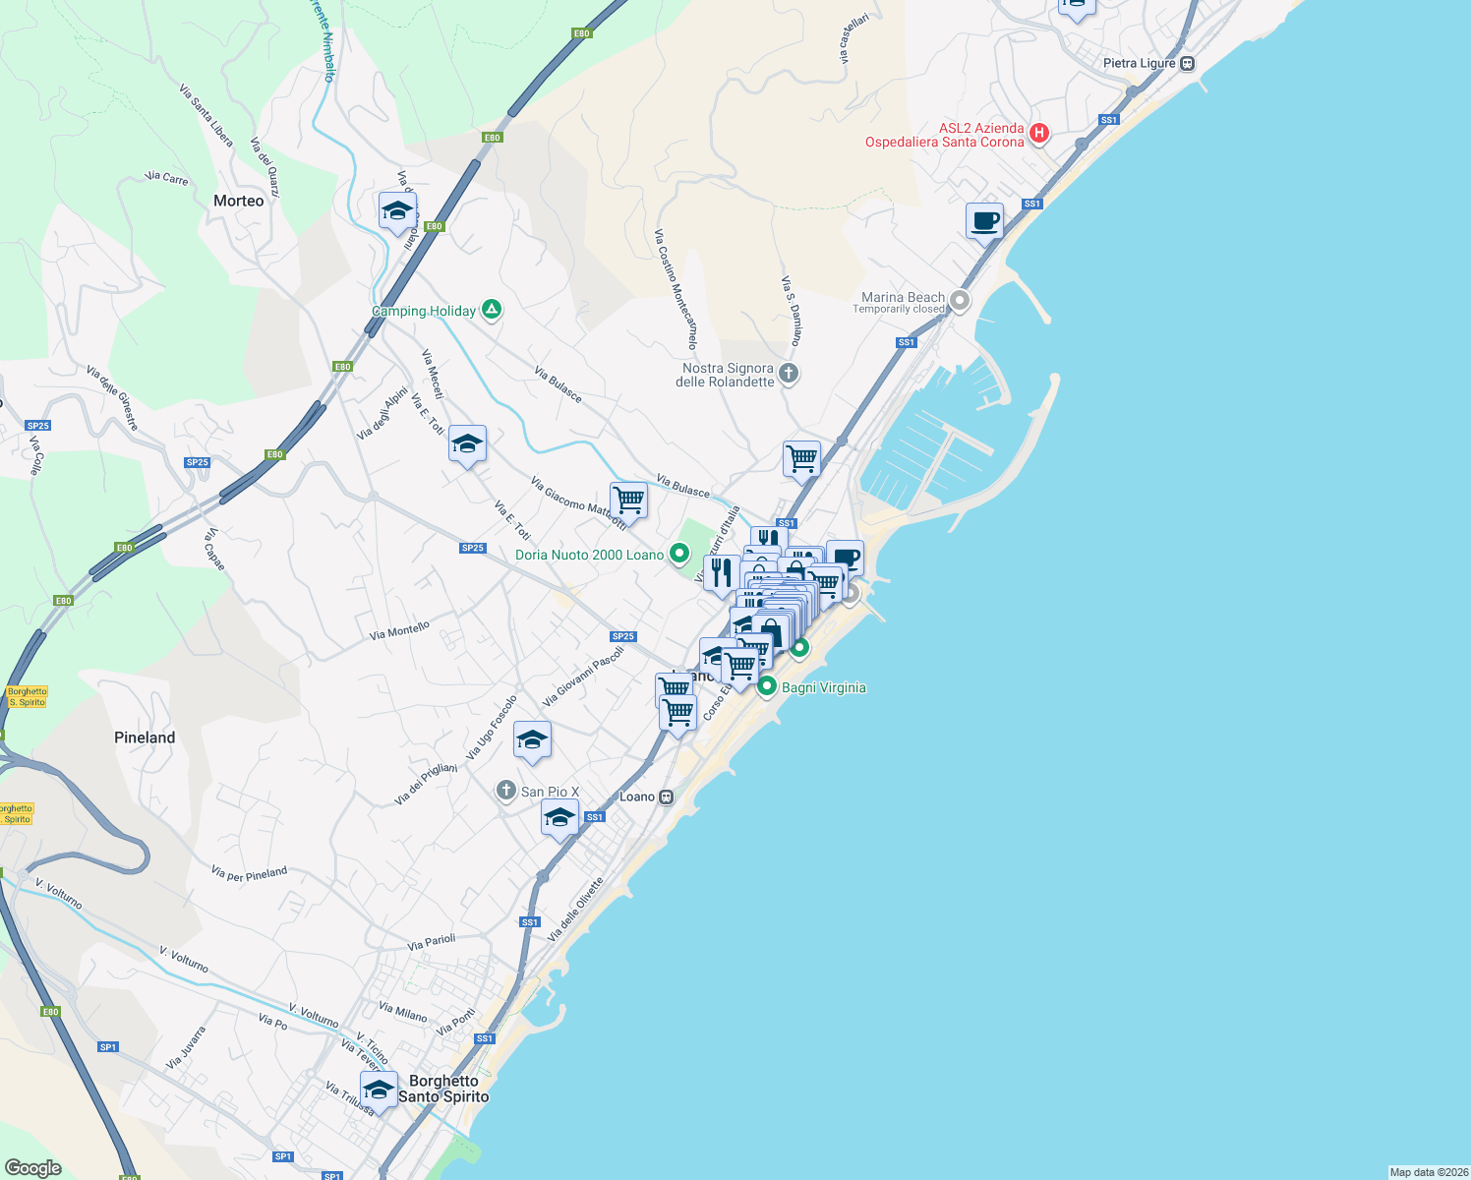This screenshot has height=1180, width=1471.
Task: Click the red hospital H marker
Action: pyautogui.click(x=1038, y=133)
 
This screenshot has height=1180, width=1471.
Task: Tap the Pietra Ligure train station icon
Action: pyautogui.click(x=1188, y=64)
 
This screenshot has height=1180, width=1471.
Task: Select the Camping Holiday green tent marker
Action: pyautogui.click(x=492, y=310)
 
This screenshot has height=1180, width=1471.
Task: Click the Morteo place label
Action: pyautogui.click(x=239, y=201)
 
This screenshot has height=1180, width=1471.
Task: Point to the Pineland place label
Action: pyautogui.click(x=145, y=737)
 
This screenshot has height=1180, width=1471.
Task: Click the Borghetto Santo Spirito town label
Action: pyautogui.click(x=443, y=1089)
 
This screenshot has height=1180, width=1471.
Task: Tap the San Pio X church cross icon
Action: pyautogui.click(x=505, y=791)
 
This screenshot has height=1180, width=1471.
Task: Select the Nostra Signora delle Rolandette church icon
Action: pyautogui.click(x=789, y=373)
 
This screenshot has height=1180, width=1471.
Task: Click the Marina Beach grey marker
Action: pyautogui.click(x=960, y=300)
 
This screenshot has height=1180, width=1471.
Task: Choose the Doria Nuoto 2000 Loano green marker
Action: pyautogui.click(x=678, y=554)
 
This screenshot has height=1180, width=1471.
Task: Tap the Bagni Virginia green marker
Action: pyautogui.click(x=767, y=686)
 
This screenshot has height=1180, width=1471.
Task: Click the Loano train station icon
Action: pyautogui.click(x=667, y=796)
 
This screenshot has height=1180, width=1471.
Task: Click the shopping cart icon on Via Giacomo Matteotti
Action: pyautogui.click(x=628, y=500)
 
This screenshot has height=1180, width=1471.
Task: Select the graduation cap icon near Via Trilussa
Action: pyautogui.click(x=379, y=1089)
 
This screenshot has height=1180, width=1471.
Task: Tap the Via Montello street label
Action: pyautogui.click(x=399, y=630)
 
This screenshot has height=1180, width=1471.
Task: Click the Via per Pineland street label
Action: pyautogui.click(x=250, y=873)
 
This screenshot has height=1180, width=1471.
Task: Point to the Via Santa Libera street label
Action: pyautogui.click(x=206, y=115)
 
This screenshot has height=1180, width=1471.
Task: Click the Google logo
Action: pyautogui.click(x=33, y=1167)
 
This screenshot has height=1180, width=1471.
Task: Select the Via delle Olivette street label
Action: pyautogui.click(x=575, y=910)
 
